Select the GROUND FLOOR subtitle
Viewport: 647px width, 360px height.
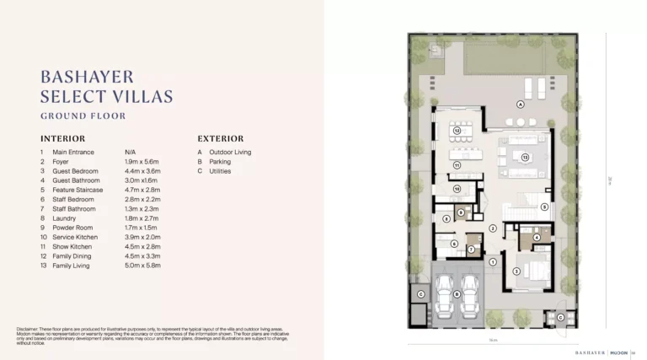pyautogui.click(x=83, y=116)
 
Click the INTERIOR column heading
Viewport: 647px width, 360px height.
pyautogui.click(x=62, y=138)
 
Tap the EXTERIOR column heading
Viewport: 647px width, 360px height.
pyautogui.click(x=221, y=138)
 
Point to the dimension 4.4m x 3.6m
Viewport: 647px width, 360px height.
pyautogui.click(x=142, y=171)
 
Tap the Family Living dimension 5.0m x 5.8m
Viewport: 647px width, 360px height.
pyautogui.click(x=142, y=266)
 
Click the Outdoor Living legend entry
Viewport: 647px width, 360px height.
pyautogui.click(x=230, y=153)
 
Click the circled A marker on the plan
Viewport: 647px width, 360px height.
pyautogui.click(x=521, y=105)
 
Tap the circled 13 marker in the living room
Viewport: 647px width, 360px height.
pyautogui.click(x=524, y=157)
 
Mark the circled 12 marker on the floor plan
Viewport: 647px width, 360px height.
pyautogui.click(x=456, y=131)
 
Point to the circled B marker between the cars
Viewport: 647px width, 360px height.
pyautogui.click(x=456, y=294)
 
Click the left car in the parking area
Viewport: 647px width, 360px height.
pyautogui.click(x=443, y=294)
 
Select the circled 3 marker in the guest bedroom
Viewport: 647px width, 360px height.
pyautogui.click(x=516, y=271)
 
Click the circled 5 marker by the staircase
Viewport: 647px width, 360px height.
pyautogui.click(x=544, y=207)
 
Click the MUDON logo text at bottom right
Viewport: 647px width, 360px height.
pyautogui.click(x=620, y=351)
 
